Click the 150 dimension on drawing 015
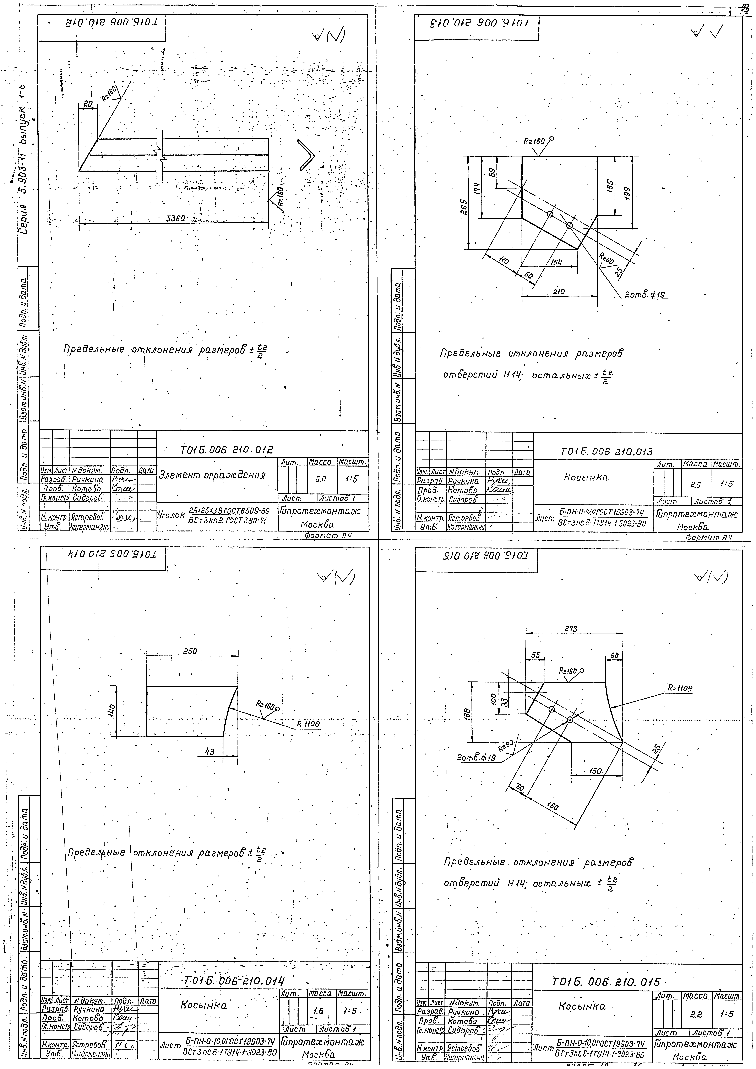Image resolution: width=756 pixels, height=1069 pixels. click(x=596, y=771)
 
